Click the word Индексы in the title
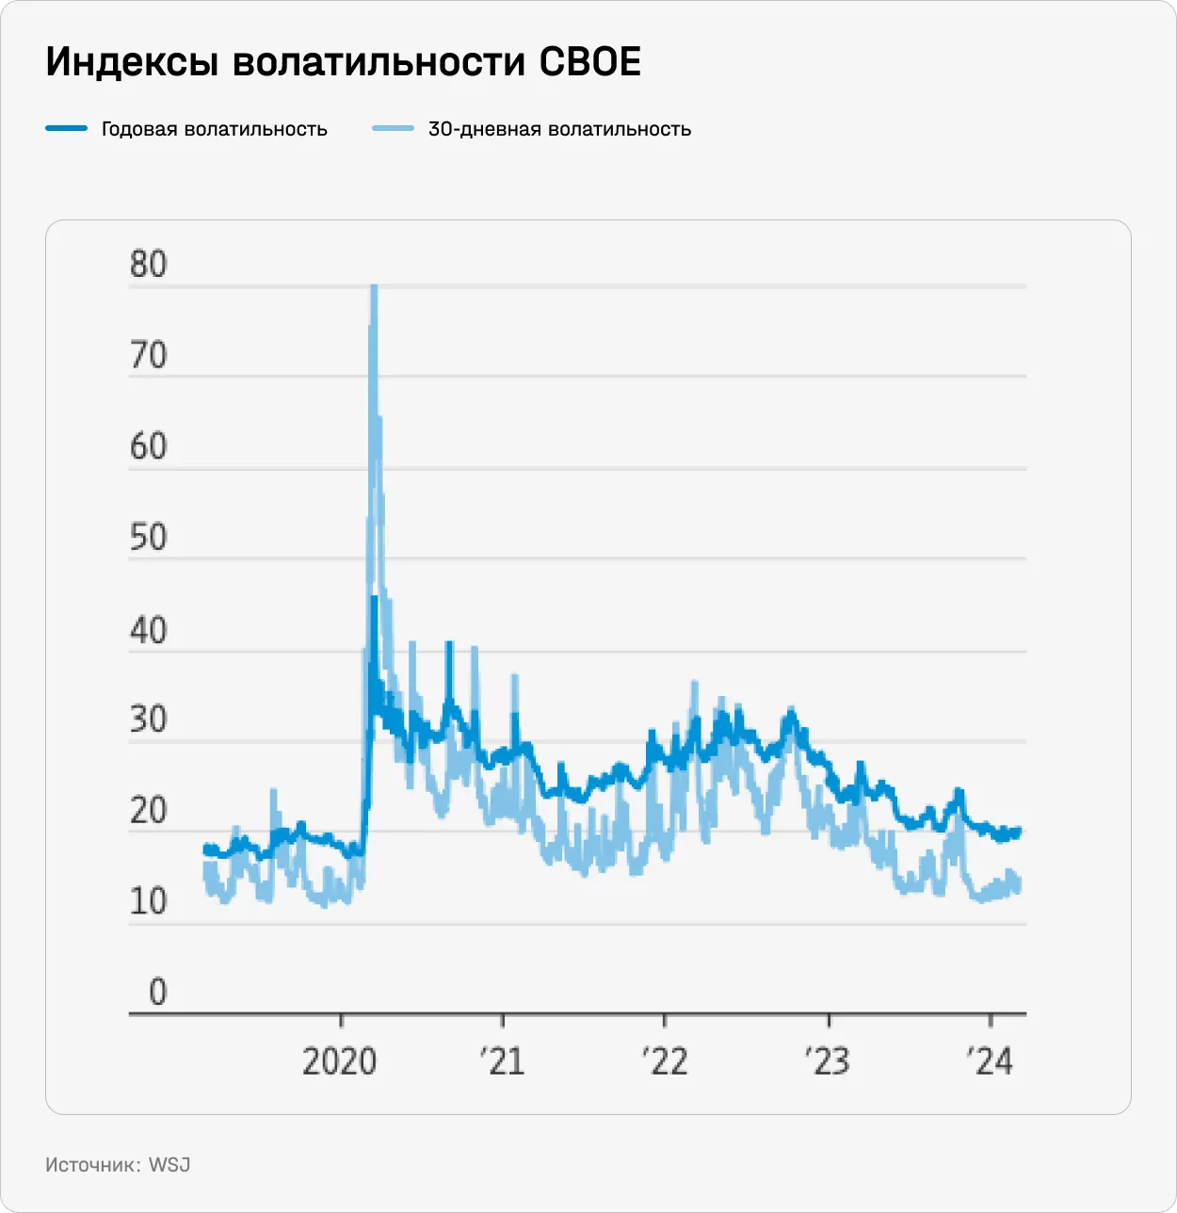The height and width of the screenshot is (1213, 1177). point(131,62)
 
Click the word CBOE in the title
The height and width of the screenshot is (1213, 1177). point(589,62)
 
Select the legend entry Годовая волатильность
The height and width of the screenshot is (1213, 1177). point(214,129)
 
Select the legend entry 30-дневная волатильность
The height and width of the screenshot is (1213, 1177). point(559,129)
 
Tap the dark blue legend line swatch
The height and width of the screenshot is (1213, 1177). point(66,128)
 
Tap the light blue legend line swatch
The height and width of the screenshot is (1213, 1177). point(393,128)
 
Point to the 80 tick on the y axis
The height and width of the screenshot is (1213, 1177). point(149,265)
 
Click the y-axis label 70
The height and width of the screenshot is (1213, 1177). point(149,356)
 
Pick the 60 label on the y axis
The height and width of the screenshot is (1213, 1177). point(149,446)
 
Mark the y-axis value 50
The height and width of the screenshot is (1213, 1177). point(149,538)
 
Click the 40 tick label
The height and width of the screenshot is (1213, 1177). point(149,630)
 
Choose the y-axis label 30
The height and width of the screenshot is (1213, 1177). point(149,720)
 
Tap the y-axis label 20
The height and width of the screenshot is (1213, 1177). point(149,811)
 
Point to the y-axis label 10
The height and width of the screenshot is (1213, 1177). point(149,902)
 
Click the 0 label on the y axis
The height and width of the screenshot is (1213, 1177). point(157,992)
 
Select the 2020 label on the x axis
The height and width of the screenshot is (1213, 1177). point(339,1061)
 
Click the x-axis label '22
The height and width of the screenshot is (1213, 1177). point(665,1061)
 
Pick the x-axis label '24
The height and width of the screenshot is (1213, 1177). point(990,1061)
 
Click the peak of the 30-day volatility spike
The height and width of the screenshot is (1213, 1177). point(374,286)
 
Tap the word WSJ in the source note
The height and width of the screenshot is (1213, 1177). point(169,1165)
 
